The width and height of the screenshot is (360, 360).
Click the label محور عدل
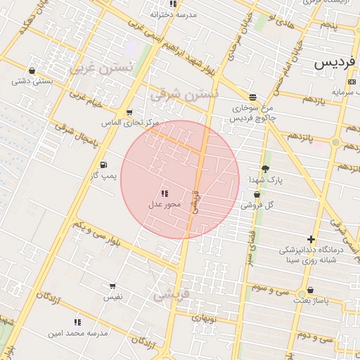click(x=165, y=205)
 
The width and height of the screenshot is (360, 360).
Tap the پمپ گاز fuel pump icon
click(x=104, y=164)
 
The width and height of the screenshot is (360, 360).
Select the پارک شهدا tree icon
click(x=265, y=169)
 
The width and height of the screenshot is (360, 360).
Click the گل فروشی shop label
click(x=257, y=205)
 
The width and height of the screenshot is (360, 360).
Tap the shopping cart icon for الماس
click(x=129, y=112)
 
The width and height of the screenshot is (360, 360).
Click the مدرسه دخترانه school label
click(x=174, y=14)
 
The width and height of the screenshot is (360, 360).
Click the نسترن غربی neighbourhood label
click(x=101, y=68)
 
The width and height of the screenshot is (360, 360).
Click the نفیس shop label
click(x=112, y=297)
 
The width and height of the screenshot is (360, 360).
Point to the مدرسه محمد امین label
click(x=78, y=333)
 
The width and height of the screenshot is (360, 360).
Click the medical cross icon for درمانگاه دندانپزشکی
click(x=311, y=240)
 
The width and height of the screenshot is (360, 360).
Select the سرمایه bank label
click(x=345, y=91)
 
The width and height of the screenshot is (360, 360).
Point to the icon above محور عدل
click(x=165, y=193)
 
